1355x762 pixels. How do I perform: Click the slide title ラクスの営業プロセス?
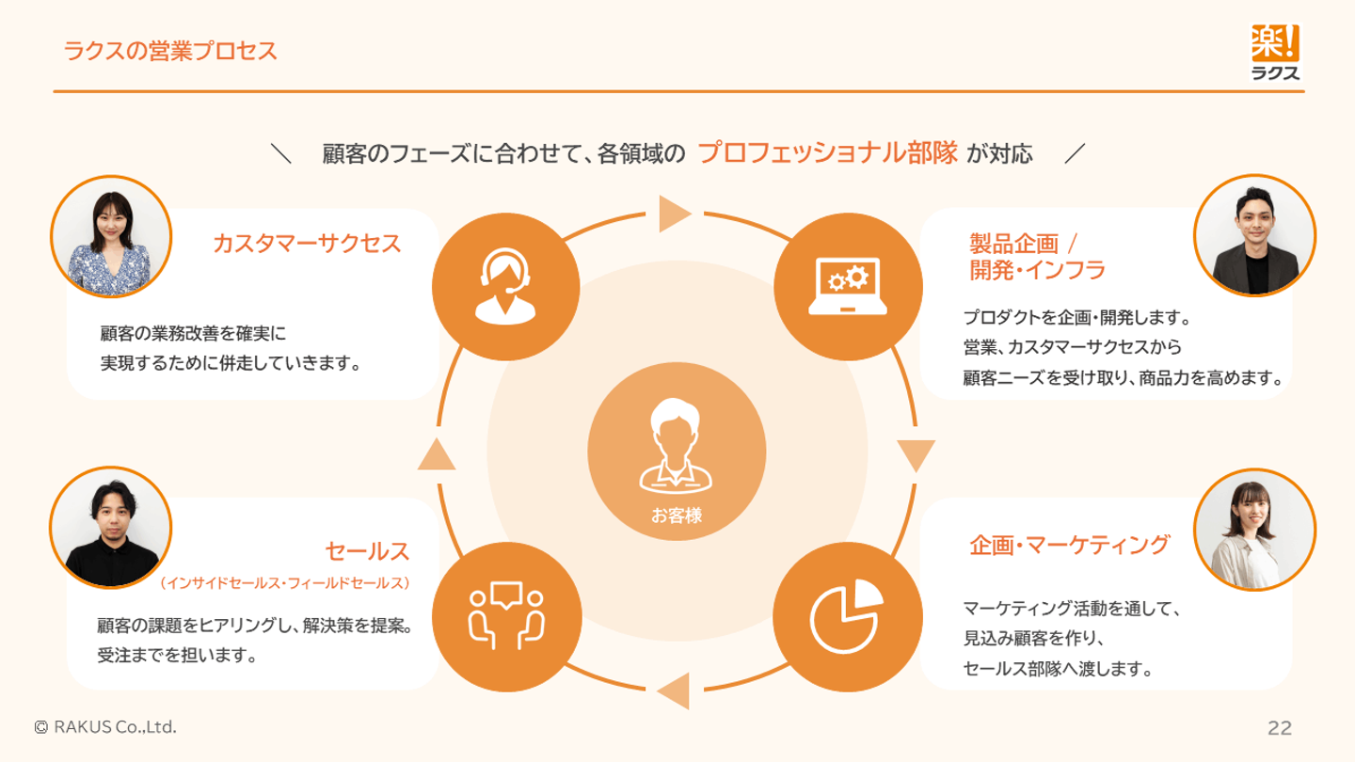(x=170, y=51)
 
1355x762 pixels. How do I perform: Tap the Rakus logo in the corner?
(x=1275, y=52)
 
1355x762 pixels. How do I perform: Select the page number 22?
(x=1280, y=727)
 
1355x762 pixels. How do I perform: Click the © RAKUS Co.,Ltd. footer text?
(x=105, y=727)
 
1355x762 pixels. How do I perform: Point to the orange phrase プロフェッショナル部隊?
(x=827, y=153)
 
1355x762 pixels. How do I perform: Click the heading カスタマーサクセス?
(x=307, y=244)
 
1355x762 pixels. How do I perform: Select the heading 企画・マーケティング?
(x=1070, y=545)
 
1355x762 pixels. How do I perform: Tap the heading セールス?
(x=368, y=551)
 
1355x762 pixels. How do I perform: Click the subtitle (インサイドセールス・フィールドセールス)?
(x=284, y=583)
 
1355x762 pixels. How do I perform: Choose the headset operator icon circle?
(x=505, y=287)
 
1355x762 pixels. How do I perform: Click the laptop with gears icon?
(x=848, y=287)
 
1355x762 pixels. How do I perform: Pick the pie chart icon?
(x=846, y=616)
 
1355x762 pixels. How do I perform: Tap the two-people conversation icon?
(x=506, y=615)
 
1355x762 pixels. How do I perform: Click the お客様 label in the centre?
(x=677, y=516)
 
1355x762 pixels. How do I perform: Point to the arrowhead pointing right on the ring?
(x=675, y=214)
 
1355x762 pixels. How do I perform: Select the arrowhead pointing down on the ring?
(x=916, y=455)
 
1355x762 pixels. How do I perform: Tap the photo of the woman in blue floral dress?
(x=111, y=236)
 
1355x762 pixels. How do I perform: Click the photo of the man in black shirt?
(x=111, y=528)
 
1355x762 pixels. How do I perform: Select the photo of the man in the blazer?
(x=1254, y=235)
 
